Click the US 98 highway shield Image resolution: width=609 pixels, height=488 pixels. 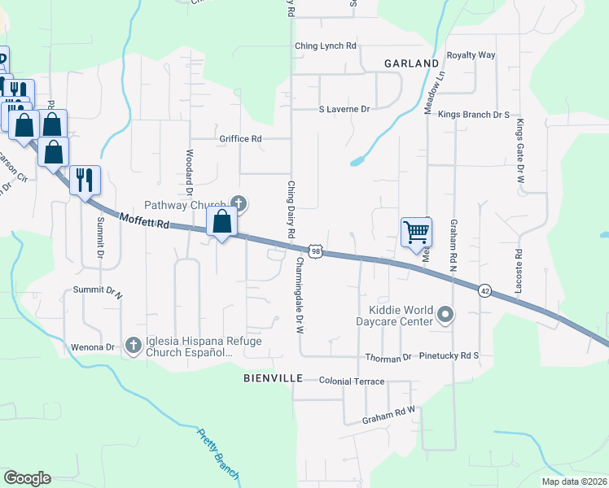315,252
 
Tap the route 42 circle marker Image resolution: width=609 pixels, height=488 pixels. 484,290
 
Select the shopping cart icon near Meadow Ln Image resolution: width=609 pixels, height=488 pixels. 416,232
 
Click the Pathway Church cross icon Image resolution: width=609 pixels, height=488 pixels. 239,203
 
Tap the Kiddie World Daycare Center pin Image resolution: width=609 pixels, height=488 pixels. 445,314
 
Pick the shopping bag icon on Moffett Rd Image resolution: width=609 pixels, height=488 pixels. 222,221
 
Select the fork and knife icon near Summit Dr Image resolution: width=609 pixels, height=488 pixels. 85,179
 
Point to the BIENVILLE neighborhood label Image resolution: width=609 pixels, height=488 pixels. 273,379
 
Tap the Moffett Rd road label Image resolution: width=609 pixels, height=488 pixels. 143,220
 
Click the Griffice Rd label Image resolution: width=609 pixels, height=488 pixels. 239,139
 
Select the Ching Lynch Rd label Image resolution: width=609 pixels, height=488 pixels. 326,46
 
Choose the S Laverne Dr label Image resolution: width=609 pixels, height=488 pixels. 344,108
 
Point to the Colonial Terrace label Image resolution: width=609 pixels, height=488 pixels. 351,381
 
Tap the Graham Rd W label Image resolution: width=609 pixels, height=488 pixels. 389,415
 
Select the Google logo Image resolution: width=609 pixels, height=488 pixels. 27,478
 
